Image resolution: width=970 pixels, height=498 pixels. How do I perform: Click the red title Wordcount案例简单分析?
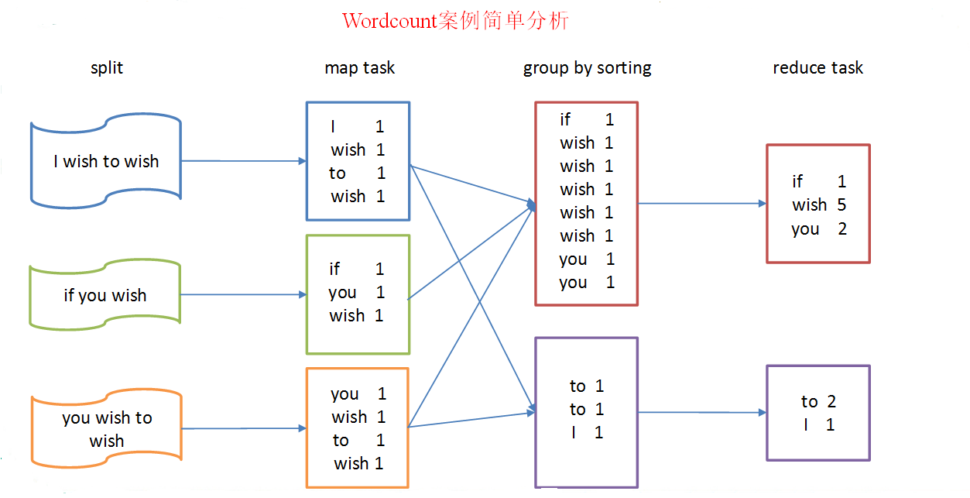point(455,21)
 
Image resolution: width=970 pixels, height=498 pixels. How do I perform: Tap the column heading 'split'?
point(107,68)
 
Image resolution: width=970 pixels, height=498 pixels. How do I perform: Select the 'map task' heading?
point(359,68)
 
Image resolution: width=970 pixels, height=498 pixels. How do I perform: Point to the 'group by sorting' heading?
point(587,68)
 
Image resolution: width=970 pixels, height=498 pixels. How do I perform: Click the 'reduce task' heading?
point(817,68)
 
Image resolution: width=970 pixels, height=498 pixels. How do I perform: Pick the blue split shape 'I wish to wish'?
point(106,161)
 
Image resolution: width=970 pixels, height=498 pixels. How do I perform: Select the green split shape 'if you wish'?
point(105,295)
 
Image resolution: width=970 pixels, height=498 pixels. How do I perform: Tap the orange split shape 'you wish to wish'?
point(107,429)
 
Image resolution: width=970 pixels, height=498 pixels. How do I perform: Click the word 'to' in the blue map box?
point(337,173)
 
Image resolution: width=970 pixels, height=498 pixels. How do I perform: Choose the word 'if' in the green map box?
point(334,269)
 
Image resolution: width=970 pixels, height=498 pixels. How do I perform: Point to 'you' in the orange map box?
point(344,394)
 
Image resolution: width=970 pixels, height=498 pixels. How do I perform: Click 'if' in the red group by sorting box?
point(565,119)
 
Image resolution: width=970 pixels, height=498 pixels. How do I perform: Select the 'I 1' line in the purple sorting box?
point(587,433)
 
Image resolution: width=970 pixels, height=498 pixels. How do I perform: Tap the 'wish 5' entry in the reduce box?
point(818,205)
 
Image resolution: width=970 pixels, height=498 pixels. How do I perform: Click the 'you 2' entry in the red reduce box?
point(818,229)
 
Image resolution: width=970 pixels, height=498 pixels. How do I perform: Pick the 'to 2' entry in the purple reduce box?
point(818,401)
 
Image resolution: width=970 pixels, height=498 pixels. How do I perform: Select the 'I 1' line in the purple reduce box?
point(818,424)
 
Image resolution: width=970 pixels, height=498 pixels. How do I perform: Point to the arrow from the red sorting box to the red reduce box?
point(701,204)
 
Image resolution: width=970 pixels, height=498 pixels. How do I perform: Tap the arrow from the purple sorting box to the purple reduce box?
point(701,413)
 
